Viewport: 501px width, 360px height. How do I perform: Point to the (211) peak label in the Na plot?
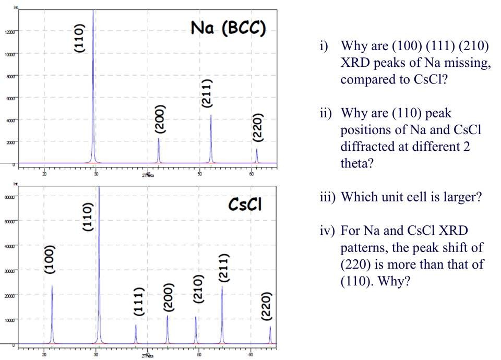[x=207, y=93]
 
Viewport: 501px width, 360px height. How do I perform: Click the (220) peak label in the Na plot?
[x=257, y=127]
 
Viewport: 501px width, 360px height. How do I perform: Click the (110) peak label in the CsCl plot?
[x=87, y=217]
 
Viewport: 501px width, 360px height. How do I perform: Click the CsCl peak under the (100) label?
[x=52, y=313]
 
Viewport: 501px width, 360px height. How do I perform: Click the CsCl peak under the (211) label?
[x=222, y=313]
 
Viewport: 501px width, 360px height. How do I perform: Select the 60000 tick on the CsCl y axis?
[x=9, y=197]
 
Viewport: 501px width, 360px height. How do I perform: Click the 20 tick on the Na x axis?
[x=44, y=173]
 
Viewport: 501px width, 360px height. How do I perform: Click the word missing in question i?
[x=468, y=63]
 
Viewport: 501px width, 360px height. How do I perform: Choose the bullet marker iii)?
[x=327, y=199]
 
